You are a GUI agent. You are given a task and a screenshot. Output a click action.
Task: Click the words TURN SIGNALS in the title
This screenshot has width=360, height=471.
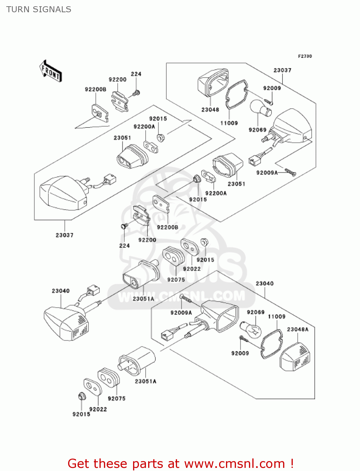39,9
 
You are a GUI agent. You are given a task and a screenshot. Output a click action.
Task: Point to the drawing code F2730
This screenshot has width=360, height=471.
305,56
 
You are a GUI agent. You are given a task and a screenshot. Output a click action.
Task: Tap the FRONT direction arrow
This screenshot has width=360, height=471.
51,72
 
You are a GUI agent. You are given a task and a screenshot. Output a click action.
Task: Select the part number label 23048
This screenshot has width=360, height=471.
210,110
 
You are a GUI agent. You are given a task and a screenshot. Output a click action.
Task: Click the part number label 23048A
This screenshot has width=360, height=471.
298,329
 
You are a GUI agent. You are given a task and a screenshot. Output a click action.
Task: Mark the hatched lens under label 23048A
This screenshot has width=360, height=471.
295,357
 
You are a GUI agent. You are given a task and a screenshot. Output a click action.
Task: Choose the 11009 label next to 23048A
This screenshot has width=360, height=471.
277,317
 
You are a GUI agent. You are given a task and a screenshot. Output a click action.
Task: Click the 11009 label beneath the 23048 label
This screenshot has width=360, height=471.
229,123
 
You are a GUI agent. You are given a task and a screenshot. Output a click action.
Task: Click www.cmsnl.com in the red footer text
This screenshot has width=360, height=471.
234,463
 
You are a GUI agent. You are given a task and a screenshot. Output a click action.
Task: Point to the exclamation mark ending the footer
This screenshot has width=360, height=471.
292,463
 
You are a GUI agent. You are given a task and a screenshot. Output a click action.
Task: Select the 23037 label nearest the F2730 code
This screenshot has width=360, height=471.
282,70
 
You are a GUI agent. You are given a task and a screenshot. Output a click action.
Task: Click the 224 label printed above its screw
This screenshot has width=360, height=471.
136,74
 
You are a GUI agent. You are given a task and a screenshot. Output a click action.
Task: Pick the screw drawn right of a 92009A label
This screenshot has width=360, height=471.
290,172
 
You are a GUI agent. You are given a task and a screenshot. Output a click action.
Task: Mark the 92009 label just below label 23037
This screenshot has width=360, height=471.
272,88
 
